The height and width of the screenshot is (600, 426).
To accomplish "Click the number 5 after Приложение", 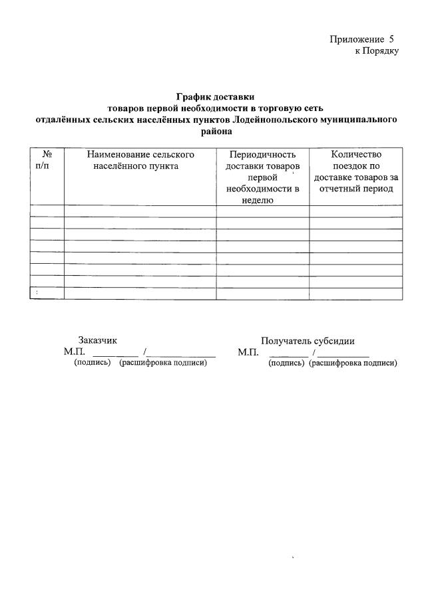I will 392,40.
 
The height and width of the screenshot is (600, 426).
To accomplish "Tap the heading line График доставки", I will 215,97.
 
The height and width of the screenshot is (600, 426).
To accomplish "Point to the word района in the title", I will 215,131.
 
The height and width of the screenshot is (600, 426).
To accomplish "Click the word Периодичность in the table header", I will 262,155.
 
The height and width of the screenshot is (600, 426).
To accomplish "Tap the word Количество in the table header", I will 355,155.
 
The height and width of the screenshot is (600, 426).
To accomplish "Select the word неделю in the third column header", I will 262,200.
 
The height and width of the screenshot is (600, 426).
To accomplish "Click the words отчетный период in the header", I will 355,189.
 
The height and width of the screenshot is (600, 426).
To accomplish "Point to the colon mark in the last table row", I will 37,293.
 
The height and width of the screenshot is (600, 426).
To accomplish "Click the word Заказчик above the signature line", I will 98,340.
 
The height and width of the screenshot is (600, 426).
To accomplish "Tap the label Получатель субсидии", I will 308,340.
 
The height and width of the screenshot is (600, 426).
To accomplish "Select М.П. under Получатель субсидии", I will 248,351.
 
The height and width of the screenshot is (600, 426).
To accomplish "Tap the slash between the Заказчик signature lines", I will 144,351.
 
